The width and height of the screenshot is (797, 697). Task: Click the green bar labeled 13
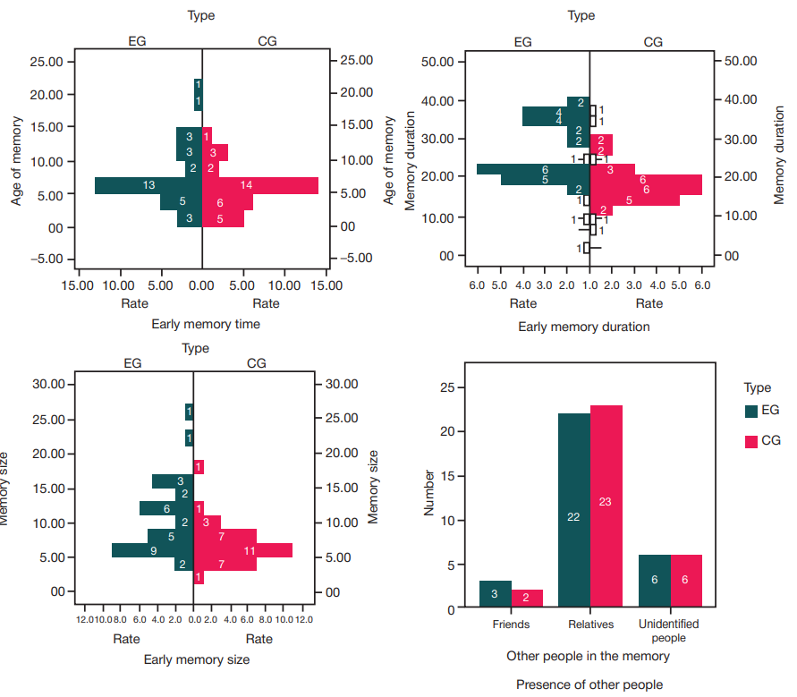(148, 185)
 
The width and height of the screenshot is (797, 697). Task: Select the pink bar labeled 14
(260, 185)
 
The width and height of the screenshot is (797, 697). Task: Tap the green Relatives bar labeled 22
(573, 511)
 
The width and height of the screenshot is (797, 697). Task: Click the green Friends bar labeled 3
(495, 594)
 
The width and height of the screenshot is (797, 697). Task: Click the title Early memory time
(206, 324)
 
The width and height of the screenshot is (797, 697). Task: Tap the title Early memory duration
(584, 327)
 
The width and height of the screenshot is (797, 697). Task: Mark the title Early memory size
(196, 659)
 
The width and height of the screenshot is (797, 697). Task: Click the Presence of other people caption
(589, 684)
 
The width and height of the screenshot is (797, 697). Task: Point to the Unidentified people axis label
(669, 630)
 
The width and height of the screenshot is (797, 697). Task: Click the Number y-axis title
(429, 493)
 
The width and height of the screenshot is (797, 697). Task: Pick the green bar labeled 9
(143, 550)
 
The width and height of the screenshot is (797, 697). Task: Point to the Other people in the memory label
(588, 656)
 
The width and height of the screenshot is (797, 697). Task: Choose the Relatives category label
(589, 624)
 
